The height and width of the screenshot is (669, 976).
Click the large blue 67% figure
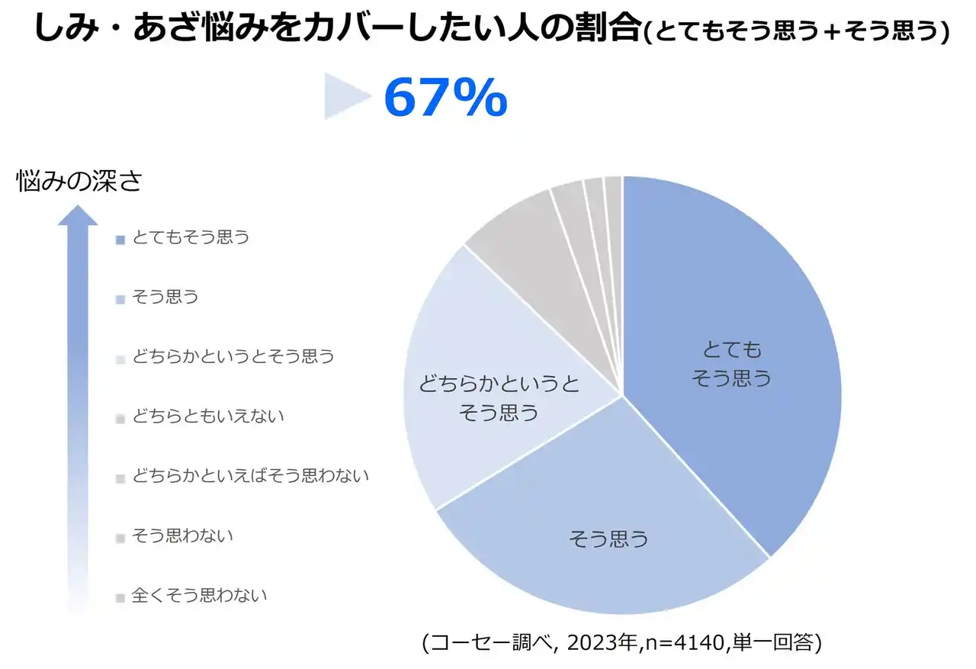tap(445, 97)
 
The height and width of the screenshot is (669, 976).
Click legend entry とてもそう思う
tap(191, 237)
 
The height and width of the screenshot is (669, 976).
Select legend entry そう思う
tap(165, 297)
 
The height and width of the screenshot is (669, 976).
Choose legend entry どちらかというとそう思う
tap(233, 356)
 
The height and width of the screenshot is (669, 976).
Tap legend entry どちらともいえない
tap(207, 416)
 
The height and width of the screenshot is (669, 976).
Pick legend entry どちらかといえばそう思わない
tap(250, 476)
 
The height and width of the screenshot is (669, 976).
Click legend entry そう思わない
tap(182, 536)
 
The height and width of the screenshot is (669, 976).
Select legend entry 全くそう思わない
tap(199, 595)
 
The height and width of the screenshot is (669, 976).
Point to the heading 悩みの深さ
tap(79, 182)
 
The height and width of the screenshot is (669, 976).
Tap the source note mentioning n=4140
tap(621, 642)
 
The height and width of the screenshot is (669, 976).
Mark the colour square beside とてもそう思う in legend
tap(120, 240)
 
